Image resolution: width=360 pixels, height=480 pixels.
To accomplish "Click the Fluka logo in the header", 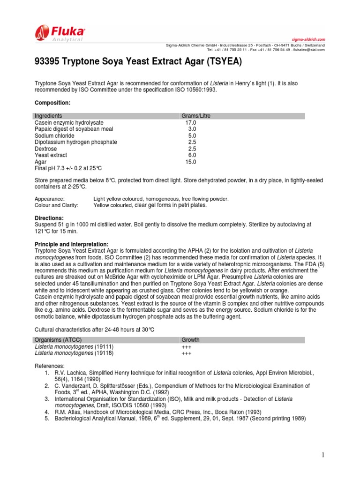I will pyautogui.click(x=60, y=34).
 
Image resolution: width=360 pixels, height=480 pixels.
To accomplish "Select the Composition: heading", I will pyautogui.click(x=52, y=102).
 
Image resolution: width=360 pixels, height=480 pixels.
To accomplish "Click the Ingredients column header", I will pyautogui.click(x=48, y=116).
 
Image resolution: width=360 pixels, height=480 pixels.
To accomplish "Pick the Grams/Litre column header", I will pyautogui.click(x=195, y=116).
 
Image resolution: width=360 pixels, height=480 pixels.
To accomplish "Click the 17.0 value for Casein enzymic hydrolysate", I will pyautogui.click(x=191, y=122).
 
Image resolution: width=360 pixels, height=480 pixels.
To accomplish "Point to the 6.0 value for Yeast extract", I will pyautogui.click(x=192, y=155).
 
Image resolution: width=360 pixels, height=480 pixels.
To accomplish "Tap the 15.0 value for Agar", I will pyautogui.click(x=191, y=162).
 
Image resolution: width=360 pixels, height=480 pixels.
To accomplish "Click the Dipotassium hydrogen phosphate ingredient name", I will pyautogui.click(x=76, y=142).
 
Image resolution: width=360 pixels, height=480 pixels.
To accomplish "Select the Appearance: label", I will pyautogui.click(x=49, y=199).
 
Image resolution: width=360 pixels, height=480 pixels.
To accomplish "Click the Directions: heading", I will pyautogui.click(x=50, y=218).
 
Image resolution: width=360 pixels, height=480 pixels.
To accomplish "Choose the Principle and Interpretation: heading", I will pyautogui.click(x=72, y=244).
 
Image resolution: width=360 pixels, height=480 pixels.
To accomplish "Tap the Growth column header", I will pyautogui.click(x=190, y=340).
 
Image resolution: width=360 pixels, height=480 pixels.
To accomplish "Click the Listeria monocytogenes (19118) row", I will pyautogui.click(x=74, y=353).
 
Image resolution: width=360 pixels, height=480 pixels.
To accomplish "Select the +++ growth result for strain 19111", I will pyautogui.click(x=186, y=346).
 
